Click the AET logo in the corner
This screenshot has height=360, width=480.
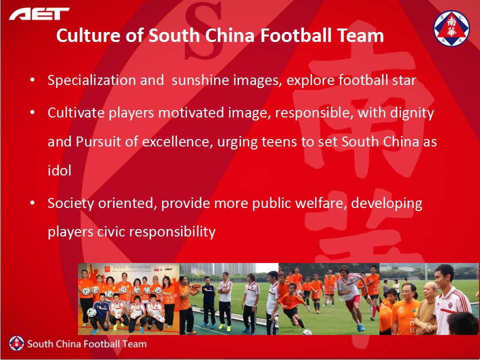coord(39,14)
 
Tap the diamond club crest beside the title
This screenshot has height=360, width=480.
coord(451,28)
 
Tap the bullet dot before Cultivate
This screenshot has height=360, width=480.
coord(32,112)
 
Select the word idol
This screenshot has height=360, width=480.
coord(59,170)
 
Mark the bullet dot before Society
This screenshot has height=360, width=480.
coord(32,203)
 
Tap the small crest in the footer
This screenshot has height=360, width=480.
coord(16,343)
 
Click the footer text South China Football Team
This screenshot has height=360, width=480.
coord(87,344)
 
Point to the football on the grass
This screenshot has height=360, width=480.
coord(306,332)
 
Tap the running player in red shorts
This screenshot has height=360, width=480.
coord(351,297)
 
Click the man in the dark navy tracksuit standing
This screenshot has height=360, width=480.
coord(209,302)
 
